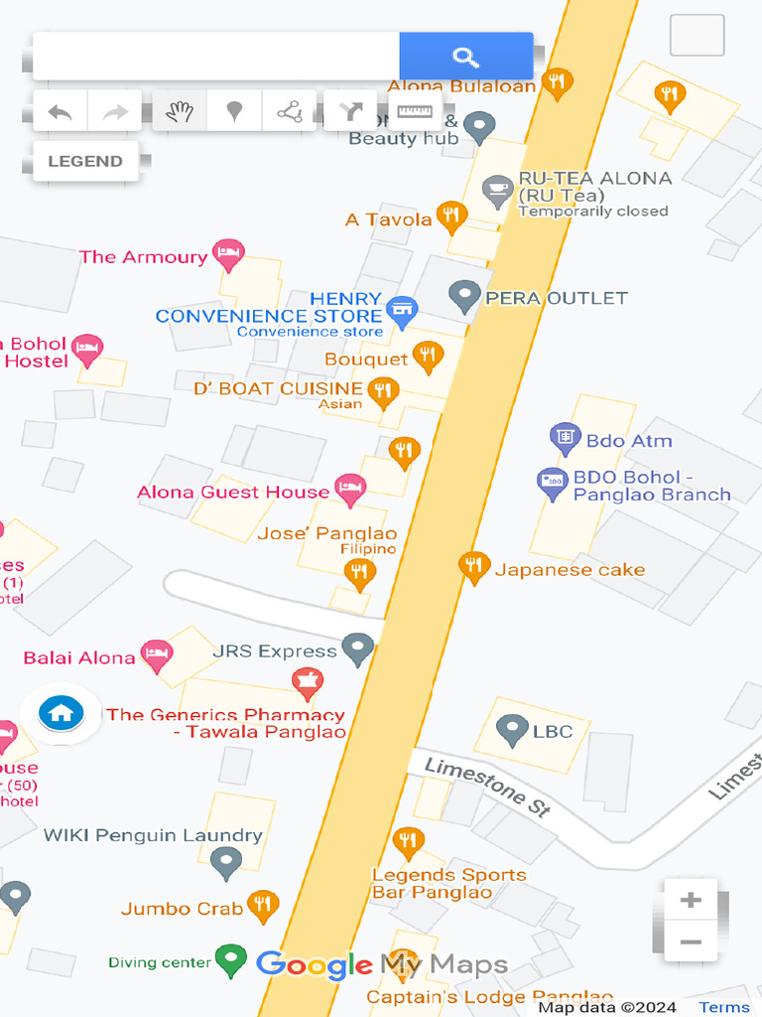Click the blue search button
click(x=465, y=57)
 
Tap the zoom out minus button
click(x=691, y=943)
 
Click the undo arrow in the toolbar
click(x=61, y=111)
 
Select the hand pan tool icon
click(x=180, y=111)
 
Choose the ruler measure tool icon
click(x=415, y=111)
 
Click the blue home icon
click(x=61, y=713)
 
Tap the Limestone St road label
click(x=487, y=787)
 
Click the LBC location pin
click(x=512, y=729)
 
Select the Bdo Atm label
click(x=629, y=440)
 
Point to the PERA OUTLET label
click(x=556, y=298)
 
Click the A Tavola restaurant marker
click(x=452, y=216)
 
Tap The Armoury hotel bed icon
click(x=228, y=254)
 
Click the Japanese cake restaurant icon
click(x=474, y=567)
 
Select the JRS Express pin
click(x=357, y=649)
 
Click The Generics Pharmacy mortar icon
click(x=307, y=682)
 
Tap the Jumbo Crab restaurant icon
click(x=262, y=905)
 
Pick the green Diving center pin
click(x=231, y=959)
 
